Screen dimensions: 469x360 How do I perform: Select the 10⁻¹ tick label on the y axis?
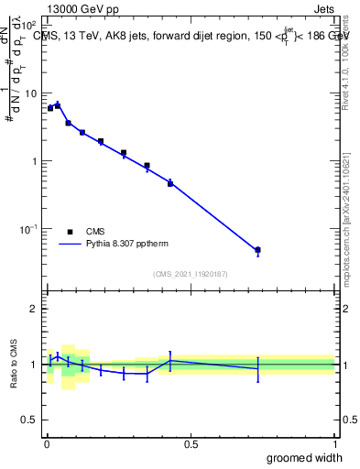pyautogui.click(x=30, y=228)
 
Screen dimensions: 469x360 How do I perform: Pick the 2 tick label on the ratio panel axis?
pyautogui.click(x=36, y=309)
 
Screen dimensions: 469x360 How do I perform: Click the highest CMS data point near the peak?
pyautogui.click(x=58, y=105)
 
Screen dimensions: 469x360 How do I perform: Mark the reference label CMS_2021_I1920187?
pyautogui.click(x=190, y=274)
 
